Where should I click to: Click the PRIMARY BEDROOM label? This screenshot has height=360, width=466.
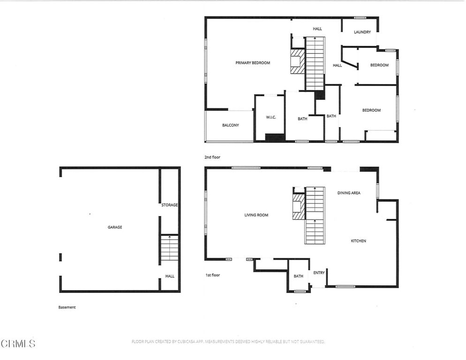[253, 63]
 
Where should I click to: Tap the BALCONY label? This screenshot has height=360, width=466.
[230, 125]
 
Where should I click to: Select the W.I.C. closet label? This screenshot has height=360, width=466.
[271, 117]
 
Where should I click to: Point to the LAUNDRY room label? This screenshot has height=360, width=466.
[362, 32]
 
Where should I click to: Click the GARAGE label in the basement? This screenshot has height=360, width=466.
[115, 227]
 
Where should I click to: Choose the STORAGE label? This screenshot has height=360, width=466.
[169, 205]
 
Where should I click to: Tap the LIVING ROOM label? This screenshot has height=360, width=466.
[256, 215]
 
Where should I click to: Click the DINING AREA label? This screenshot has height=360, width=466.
[349, 193]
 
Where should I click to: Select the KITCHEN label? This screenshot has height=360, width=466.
[359, 241]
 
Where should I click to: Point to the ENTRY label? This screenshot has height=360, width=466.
[319, 273]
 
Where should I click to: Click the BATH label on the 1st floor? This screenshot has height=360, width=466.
[298, 277]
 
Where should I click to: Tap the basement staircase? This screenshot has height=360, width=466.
[169, 248]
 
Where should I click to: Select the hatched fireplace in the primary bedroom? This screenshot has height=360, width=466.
[297, 61]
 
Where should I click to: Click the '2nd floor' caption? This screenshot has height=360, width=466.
[212, 157]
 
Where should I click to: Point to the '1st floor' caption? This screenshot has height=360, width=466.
[212, 275]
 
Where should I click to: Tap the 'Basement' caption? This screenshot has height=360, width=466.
[67, 307]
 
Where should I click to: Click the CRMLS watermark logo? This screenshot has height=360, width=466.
[18, 344]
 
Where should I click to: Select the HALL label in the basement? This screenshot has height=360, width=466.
[170, 276]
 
